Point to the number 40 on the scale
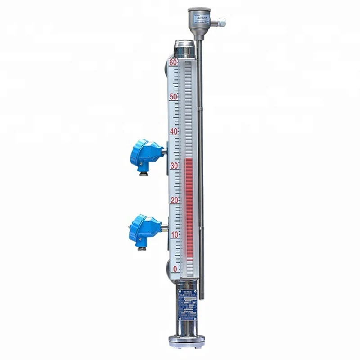pyautogui.click(x=174, y=131)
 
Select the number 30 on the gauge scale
pyautogui.click(x=174, y=166)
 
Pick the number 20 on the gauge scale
pyautogui.click(x=174, y=200)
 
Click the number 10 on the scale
pyautogui.click(x=174, y=234)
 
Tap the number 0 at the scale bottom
pyautogui.click(x=175, y=269)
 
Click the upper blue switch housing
pyautogui.click(x=146, y=153)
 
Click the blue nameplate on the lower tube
pyautogui.click(x=187, y=304)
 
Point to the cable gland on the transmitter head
pyautogui.click(x=220, y=21)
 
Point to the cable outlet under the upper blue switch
pyautogui.click(x=143, y=173)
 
